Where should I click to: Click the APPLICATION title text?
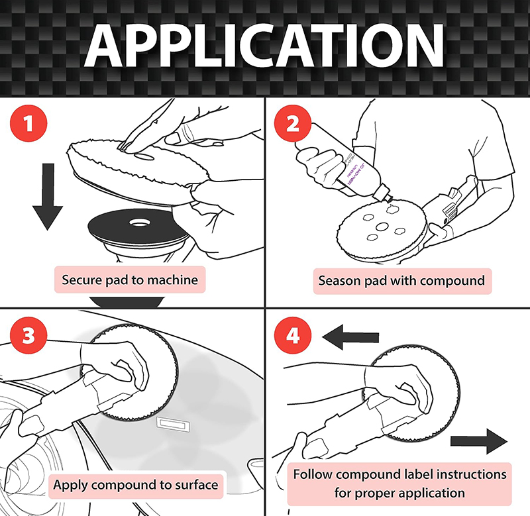(x=265, y=48)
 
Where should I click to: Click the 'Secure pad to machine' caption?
(x=130, y=280)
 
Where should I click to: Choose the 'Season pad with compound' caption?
(x=401, y=280)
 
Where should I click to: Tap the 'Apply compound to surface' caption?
(x=135, y=485)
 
